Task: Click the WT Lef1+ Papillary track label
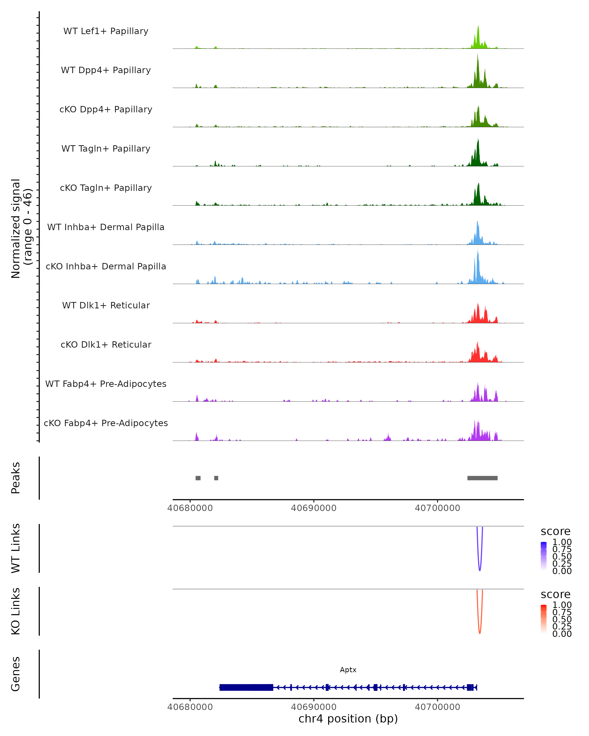[106, 31]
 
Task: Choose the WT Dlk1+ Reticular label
[106, 305]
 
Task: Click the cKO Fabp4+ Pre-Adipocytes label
[106, 423]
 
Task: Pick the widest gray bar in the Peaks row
[482, 478]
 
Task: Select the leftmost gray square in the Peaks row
[198, 478]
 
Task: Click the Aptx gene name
[348, 670]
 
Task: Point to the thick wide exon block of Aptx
[246, 687]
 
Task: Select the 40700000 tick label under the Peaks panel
[437, 508]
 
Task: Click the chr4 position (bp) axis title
[348, 719]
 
